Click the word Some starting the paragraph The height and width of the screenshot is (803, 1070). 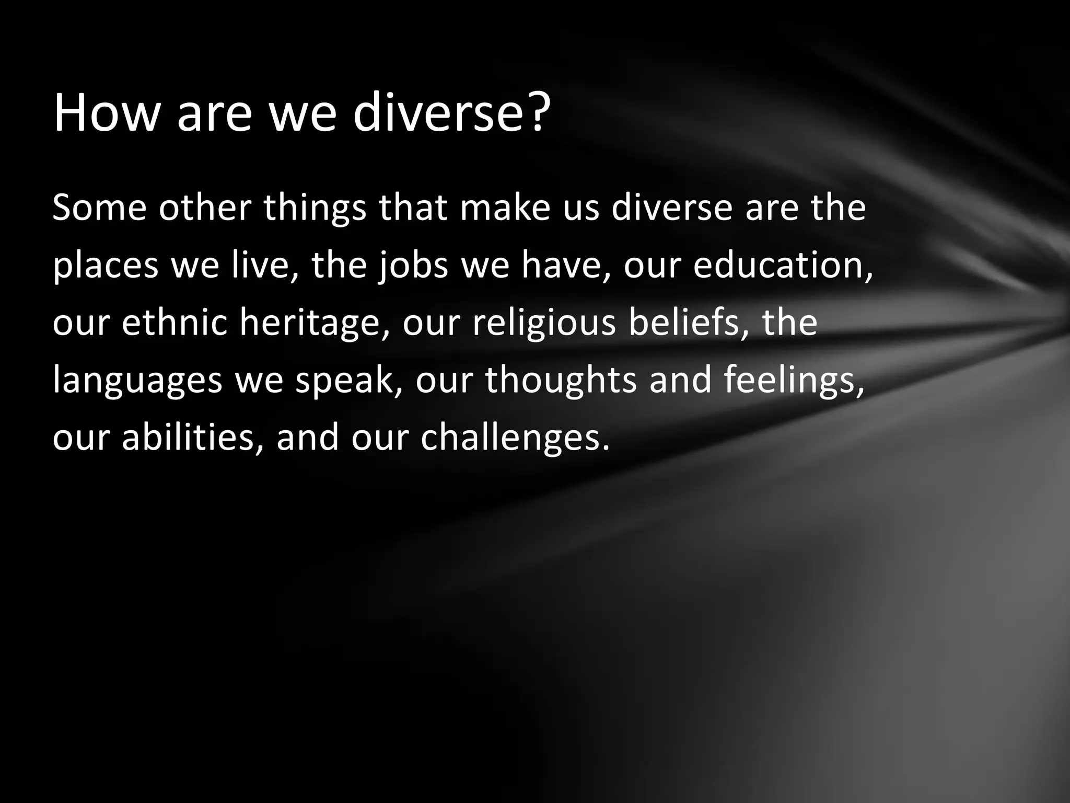(99, 208)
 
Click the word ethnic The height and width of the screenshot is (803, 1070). (175, 323)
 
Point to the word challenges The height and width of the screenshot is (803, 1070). (515, 438)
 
